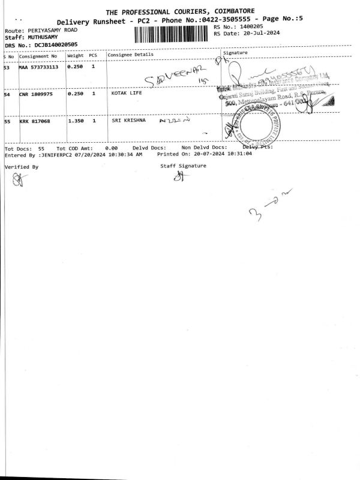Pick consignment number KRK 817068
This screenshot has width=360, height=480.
point(35,121)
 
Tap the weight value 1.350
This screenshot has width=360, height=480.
point(76,121)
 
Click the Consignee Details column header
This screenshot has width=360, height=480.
point(130,55)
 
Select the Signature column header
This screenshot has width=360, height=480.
point(235,53)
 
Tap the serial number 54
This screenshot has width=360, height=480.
point(7,94)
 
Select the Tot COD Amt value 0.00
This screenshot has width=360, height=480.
point(111,147)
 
